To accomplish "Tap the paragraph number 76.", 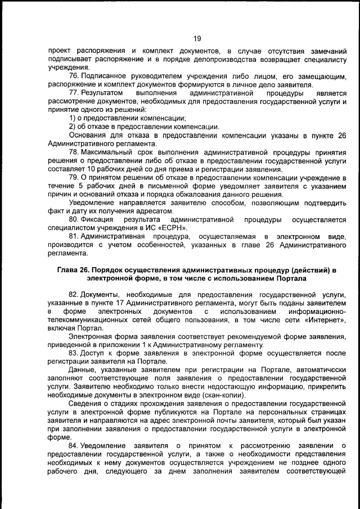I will [x=74, y=76].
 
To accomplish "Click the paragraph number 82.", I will [x=74, y=295].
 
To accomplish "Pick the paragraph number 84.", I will [x=74, y=446].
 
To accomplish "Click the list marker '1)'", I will [x=73, y=119].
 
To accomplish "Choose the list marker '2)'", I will [x=73, y=127].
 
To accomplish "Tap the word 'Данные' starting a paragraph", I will [x=82, y=370].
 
